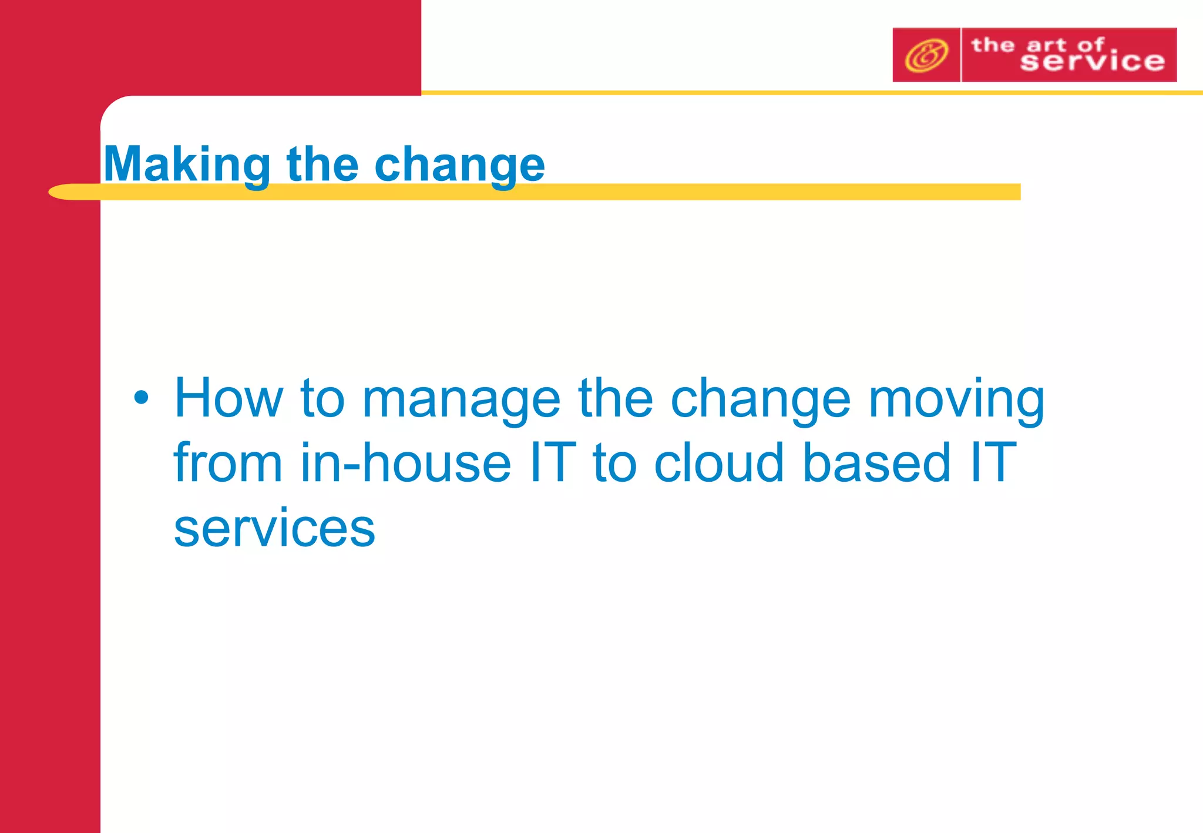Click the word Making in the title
(x=187, y=165)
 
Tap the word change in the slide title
(x=459, y=165)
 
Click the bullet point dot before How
(x=141, y=398)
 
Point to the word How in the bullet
(x=228, y=398)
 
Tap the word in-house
(x=405, y=463)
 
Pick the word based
(x=876, y=463)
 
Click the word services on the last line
(x=274, y=528)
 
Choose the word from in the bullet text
(x=228, y=463)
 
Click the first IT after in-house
(x=552, y=463)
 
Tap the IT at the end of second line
(x=993, y=463)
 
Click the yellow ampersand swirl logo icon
(x=926, y=55)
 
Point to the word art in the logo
(x=1046, y=45)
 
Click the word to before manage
(x=322, y=398)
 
